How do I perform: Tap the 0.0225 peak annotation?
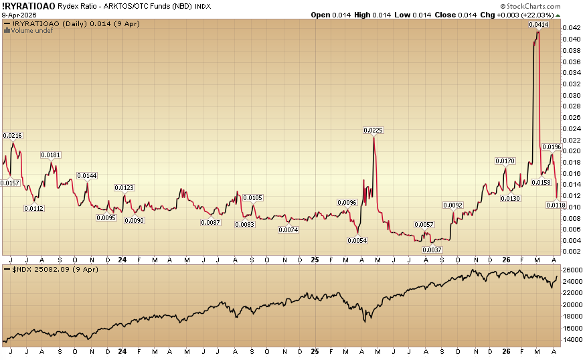pos(373,130)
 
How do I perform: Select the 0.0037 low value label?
pos(432,250)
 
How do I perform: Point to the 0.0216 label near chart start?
pos(13,136)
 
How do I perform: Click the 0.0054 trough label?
pos(357,240)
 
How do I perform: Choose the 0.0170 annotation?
pos(505,161)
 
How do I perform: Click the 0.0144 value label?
pos(87,176)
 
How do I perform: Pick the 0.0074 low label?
pos(288,230)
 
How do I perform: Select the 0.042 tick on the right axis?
pos(570,28)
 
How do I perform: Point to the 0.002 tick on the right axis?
pos(570,251)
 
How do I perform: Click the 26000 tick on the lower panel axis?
pos(571,270)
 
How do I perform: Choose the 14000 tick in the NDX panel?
pos(571,340)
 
